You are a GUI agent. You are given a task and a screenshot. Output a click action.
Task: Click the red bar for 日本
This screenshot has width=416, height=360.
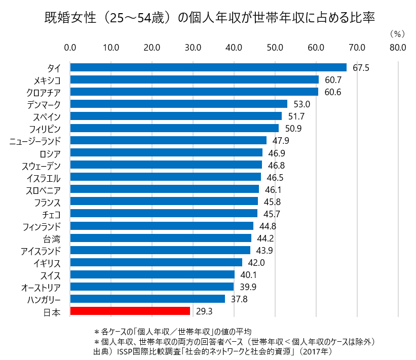130,311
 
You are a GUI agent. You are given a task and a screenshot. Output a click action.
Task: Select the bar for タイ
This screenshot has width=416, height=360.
208,67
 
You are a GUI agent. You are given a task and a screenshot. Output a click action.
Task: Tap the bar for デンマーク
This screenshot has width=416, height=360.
178,104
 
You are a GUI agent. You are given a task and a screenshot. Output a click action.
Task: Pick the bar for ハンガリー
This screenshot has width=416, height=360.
147,299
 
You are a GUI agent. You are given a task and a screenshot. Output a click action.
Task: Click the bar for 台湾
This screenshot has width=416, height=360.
161,238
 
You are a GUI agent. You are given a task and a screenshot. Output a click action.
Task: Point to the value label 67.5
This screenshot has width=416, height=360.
361,68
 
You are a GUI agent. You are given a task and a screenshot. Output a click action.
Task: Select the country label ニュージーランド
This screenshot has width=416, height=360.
35,141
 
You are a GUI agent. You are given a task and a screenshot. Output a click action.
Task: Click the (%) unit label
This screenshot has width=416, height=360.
397,34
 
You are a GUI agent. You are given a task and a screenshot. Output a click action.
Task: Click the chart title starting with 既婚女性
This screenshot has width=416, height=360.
208,17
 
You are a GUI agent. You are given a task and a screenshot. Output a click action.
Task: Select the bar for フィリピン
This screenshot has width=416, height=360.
174,128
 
